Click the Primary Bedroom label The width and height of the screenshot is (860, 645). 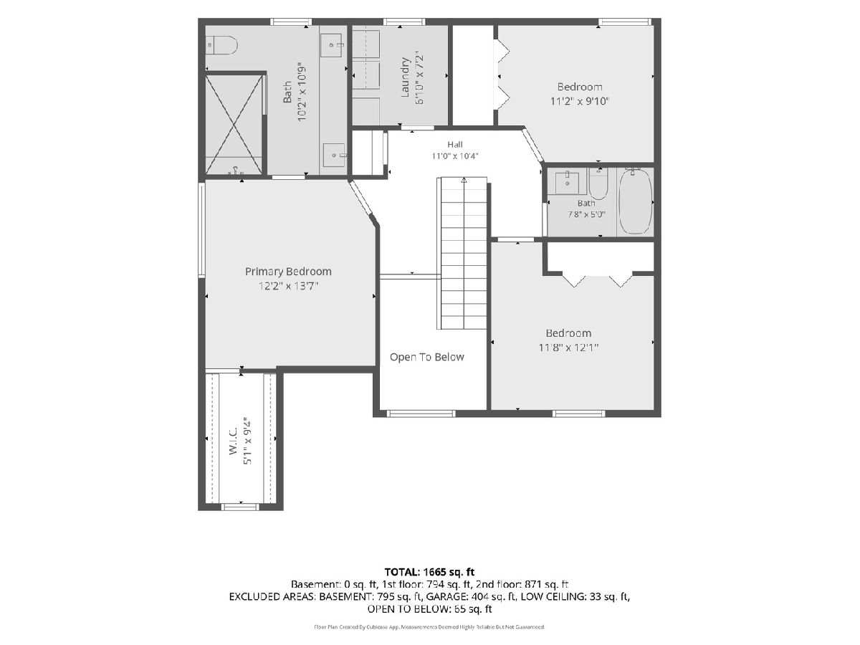(x=288, y=272)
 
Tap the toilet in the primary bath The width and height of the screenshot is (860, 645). (x=221, y=45)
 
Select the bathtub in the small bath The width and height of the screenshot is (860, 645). (x=635, y=201)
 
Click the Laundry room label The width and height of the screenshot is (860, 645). (x=405, y=77)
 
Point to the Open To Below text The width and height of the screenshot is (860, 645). (x=426, y=357)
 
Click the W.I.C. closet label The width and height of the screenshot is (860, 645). (x=234, y=440)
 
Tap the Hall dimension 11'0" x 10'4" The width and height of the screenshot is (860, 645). (x=455, y=156)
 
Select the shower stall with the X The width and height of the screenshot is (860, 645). (x=234, y=124)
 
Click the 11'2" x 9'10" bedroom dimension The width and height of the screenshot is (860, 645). (x=580, y=102)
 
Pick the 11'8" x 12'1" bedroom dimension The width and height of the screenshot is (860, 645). (x=568, y=348)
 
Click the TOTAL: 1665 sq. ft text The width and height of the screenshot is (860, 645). (x=429, y=572)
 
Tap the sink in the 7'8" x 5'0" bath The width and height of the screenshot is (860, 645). (x=568, y=183)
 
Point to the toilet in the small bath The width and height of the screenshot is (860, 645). (x=598, y=185)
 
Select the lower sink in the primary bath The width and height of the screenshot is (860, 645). (x=334, y=155)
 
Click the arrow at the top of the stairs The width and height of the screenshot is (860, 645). (x=464, y=181)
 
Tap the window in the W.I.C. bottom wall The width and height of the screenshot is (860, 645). (x=240, y=507)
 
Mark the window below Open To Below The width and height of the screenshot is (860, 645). (x=421, y=414)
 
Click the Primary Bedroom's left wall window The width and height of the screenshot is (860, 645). (x=202, y=230)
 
